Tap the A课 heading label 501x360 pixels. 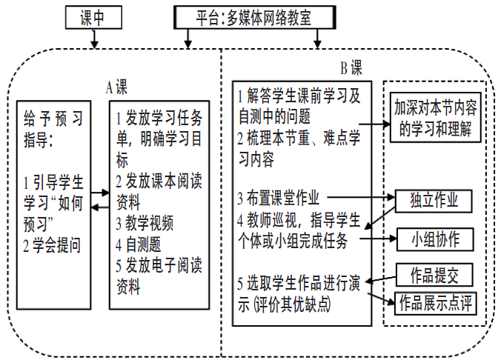pyautogui.click(x=116, y=87)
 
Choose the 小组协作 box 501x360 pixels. pyautogui.click(x=434, y=239)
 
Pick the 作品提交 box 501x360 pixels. pyautogui.click(x=434, y=276)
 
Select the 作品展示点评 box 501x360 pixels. pyautogui.click(x=437, y=302)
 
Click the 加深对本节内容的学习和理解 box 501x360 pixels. pyautogui.click(x=435, y=117)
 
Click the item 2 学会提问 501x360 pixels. pyautogui.click(x=52, y=241)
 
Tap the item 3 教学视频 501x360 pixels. pyautogui.click(x=145, y=223)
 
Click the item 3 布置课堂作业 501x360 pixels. pyautogui.click(x=279, y=198)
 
